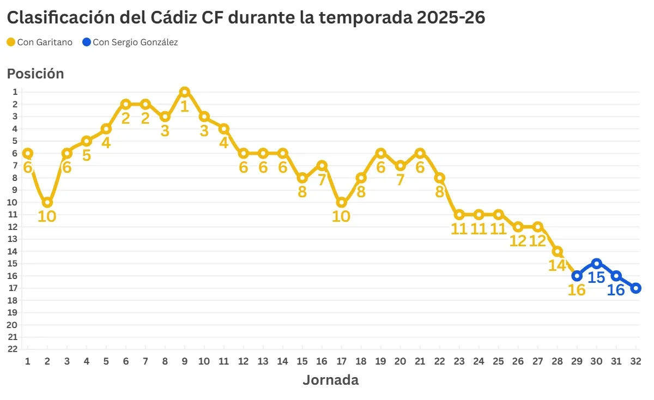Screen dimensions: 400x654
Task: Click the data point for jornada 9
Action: point(185,92)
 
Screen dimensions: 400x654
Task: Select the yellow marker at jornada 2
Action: point(47,202)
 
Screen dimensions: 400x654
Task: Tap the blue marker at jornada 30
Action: point(596,263)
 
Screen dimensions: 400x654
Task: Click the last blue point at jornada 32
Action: point(635,288)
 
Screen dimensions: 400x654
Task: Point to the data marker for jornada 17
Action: point(342,202)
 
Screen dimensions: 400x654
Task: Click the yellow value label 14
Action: point(557,265)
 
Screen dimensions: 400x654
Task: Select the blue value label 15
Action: point(596,277)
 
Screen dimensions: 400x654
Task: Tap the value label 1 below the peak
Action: point(185,106)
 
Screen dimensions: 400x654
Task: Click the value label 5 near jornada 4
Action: point(87,155)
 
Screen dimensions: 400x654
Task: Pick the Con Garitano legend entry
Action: point(40,42)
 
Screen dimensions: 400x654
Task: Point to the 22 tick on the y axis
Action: point(14,349)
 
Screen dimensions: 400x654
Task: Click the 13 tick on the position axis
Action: point(14,239)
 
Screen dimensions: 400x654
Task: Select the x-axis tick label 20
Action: point(400,361)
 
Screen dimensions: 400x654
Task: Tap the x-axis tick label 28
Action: point(557,361)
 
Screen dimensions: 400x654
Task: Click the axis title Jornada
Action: point(330,380)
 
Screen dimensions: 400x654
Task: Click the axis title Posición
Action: point(35,74)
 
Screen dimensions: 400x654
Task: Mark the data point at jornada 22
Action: point(440,178)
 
